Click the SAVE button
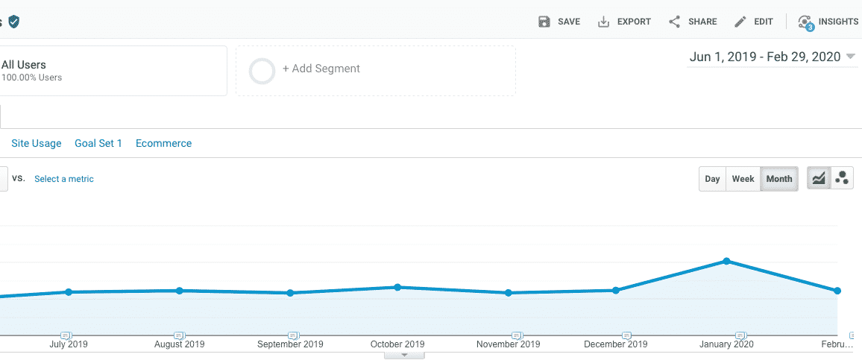pos(559,22)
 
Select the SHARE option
pos(693,22)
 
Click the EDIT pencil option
pos(754,22)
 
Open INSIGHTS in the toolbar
pos(828,22)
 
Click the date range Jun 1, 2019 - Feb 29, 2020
pos(765,57)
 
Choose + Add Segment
pos(321,69)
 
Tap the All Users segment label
pos(24,65)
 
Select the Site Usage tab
pos(37,143)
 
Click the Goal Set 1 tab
pos(98,143)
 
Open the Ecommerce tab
pos(164,143)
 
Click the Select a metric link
pos(64,179)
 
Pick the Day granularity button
pos(712,179)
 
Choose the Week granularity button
pos(743,179)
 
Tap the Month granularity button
pos(779,179)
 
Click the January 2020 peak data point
pos(726,261)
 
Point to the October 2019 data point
pos(397,287)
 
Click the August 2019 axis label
pos(179,344)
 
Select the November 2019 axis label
pos(508,344)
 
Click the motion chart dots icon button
pos(842,179)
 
